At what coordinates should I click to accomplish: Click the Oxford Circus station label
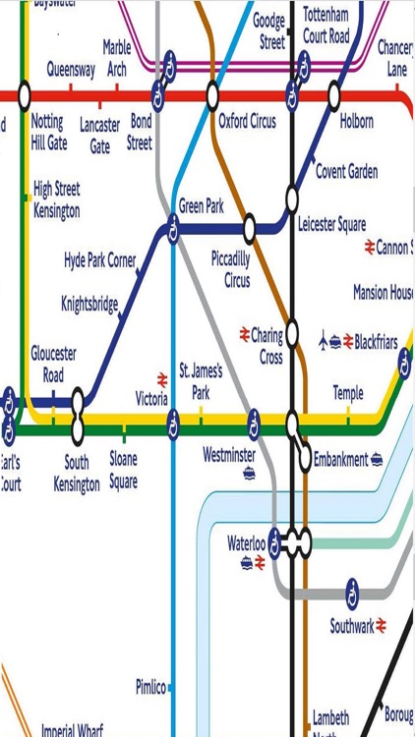point(247,122)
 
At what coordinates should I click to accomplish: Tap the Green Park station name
point(202,206)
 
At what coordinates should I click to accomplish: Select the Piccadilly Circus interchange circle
point(250,229)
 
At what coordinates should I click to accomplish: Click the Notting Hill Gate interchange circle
point(25,96)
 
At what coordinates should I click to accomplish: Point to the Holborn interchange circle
point(334,96)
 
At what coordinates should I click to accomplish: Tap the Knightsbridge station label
point(89,303)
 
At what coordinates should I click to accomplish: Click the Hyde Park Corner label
point(99,261)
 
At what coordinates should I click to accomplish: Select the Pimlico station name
point(150,686)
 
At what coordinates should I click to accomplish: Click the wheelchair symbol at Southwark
point(352,594)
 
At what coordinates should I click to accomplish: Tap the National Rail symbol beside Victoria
point(162,378)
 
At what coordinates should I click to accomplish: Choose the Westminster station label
point(229,455)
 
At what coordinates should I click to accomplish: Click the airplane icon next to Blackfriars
point(326,342)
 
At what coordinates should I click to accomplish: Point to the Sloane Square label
point(123,470)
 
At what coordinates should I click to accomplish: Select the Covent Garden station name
point(346,172)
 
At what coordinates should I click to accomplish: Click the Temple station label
point(347,393)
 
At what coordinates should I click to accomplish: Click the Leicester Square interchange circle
point(292,195)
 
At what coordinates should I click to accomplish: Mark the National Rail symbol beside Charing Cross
point(245,335)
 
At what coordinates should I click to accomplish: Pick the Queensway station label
point(71,70)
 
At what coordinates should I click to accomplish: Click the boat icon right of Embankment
point(377,459)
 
